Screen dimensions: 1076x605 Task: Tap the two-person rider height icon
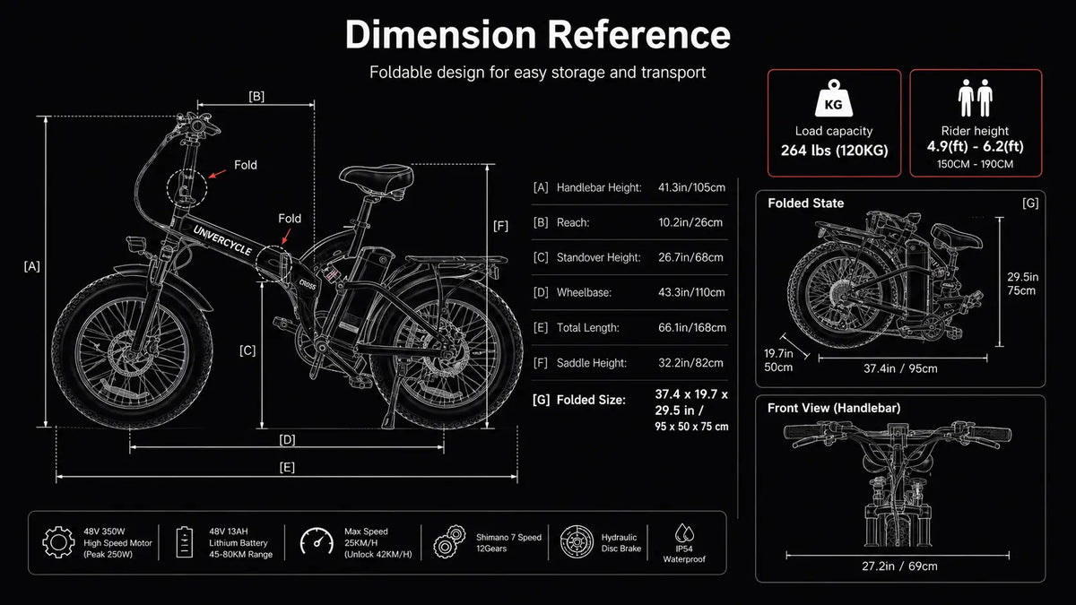(976, 98)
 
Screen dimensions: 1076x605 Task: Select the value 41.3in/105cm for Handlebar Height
(691, 187)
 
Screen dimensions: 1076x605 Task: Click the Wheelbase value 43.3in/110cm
(691, 292)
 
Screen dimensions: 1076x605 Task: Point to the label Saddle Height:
(591, 363)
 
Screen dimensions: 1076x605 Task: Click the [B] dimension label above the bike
(256, 97)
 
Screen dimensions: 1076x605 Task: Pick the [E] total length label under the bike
(287, 467)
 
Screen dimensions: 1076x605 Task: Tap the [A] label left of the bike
(32, 266)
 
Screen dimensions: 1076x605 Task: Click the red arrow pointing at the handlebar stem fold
(217, 173)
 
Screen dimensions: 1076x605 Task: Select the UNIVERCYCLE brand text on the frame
(222, 240)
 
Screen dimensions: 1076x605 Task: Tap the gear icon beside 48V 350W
(58, 542)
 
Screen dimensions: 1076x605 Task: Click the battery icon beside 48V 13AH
(185, 542)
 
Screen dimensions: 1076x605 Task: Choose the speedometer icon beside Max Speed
(317, 541)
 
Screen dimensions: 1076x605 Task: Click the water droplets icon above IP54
(684, 532)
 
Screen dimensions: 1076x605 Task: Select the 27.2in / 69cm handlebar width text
(899, 566)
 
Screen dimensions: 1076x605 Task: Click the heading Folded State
(805, 203)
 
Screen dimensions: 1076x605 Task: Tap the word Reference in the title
(639, 35)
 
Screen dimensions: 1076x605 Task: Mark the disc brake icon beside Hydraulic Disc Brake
(577, 541)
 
